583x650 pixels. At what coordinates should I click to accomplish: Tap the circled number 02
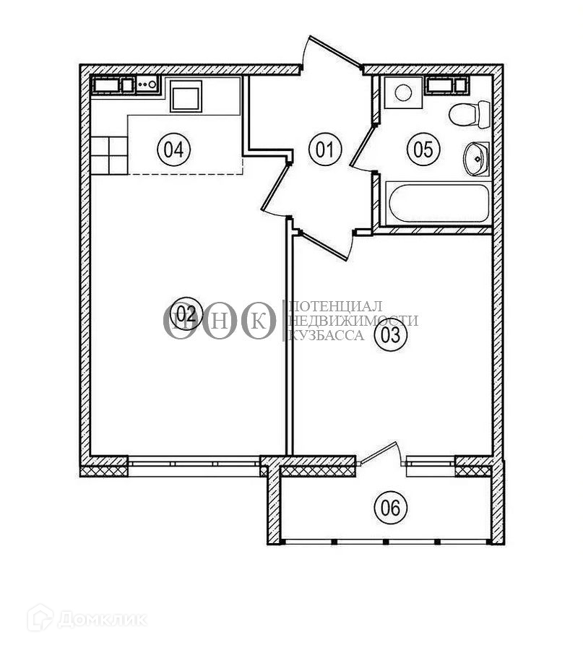(186, 314)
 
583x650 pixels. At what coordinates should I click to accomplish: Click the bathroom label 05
(423, 150)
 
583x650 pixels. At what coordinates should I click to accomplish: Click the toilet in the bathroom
(469, 113)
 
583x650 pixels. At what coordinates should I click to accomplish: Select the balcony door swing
(383, 455)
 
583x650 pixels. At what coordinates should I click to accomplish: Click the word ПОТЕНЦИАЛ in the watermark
(335, 307)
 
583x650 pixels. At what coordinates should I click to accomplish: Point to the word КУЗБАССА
(326, 335)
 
